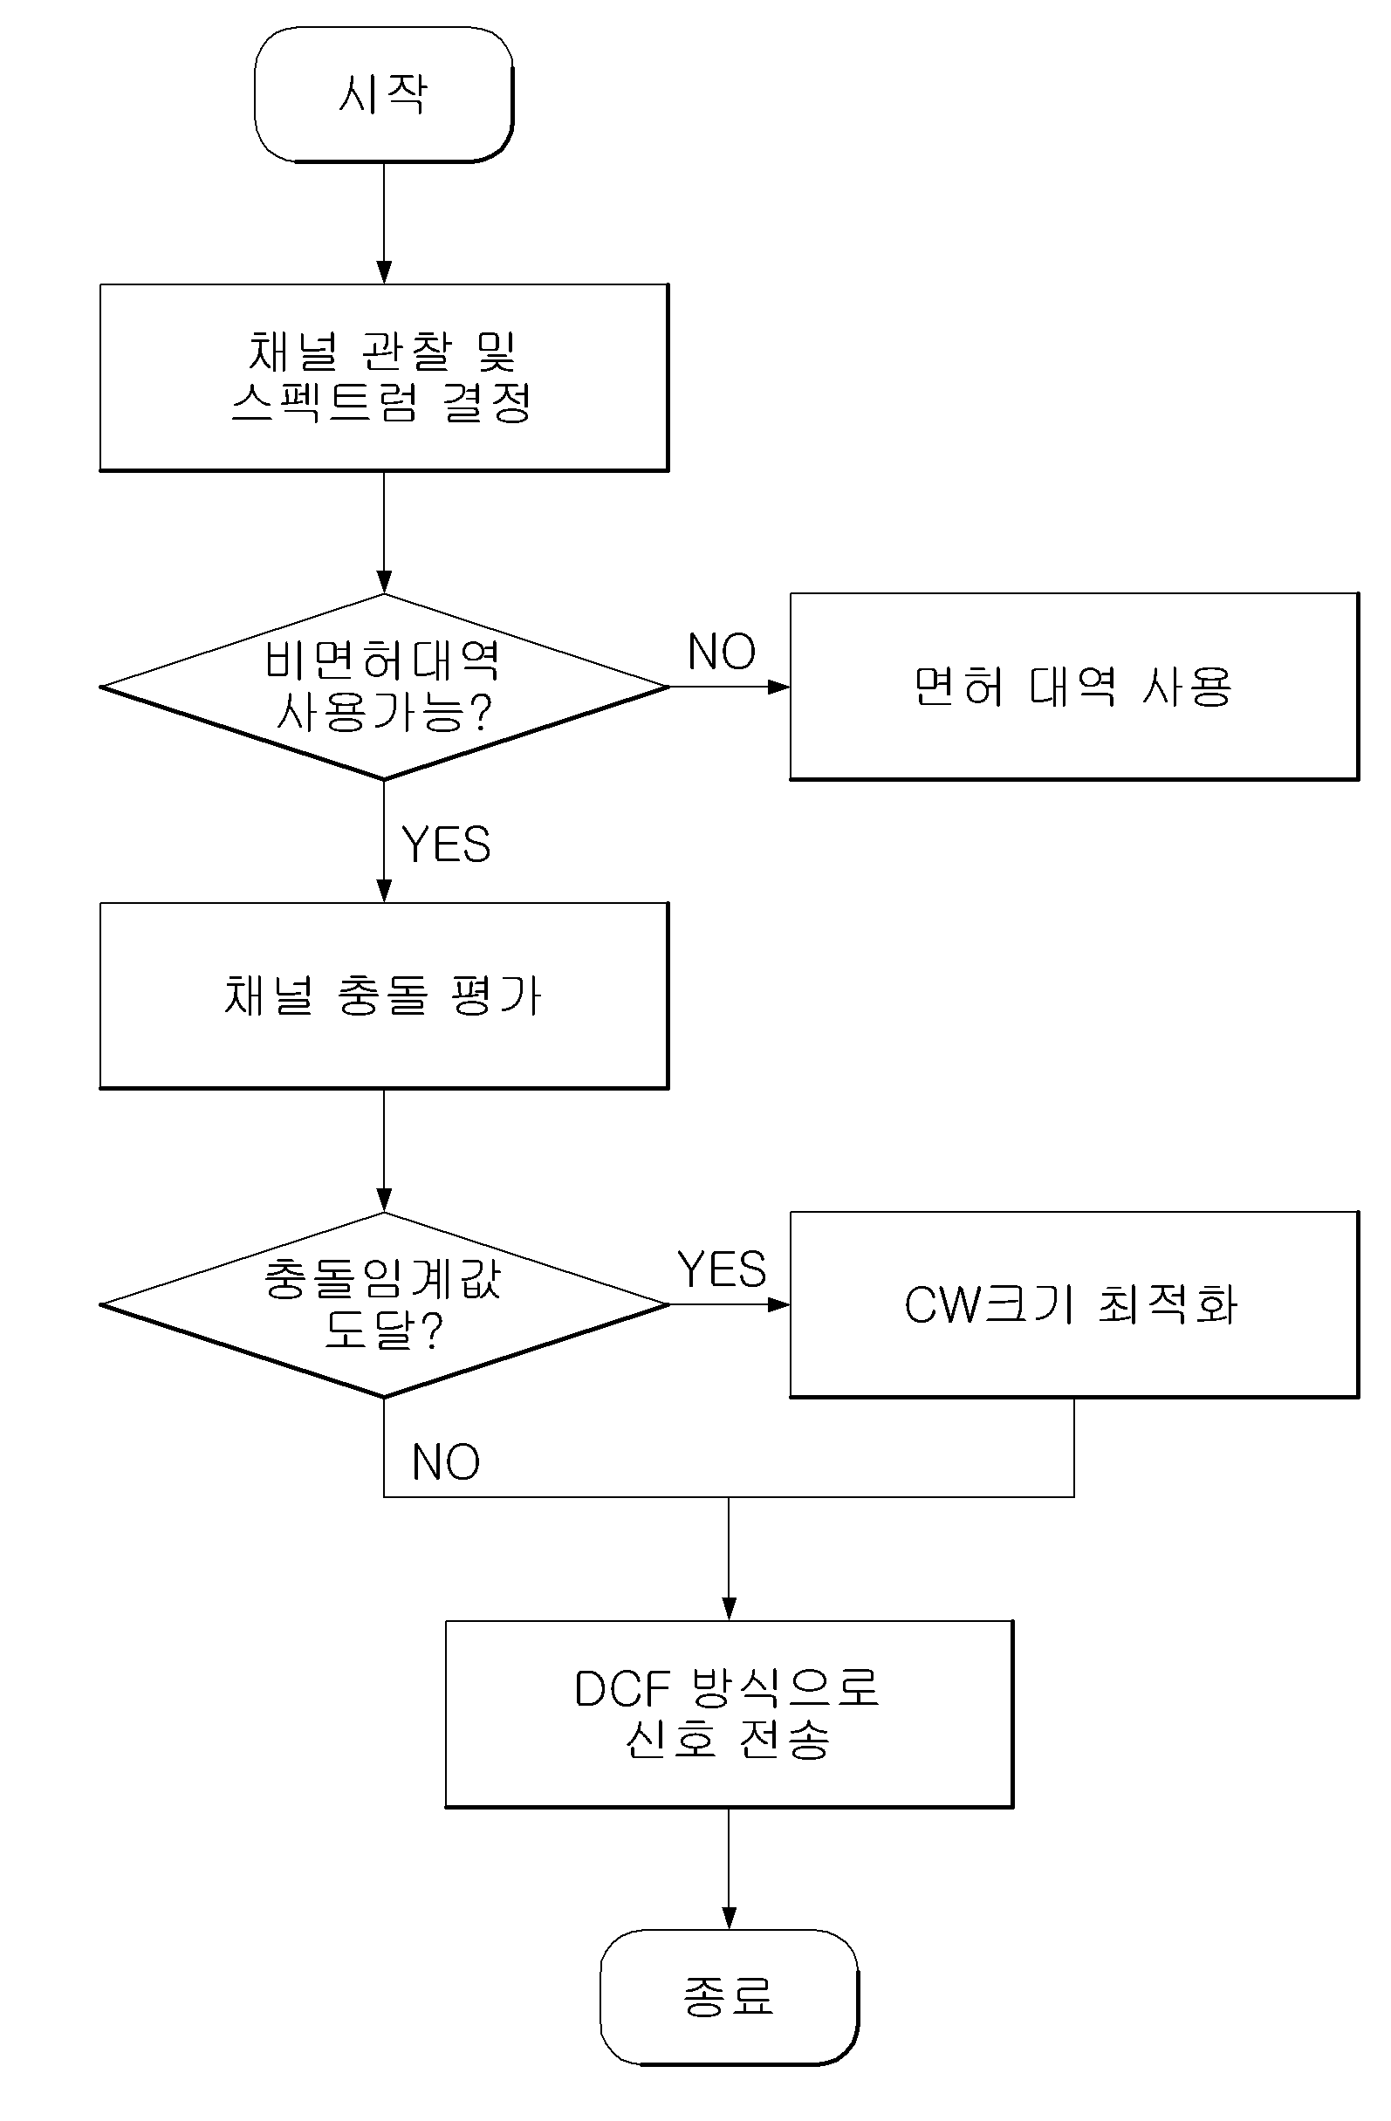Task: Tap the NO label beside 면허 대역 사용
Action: click(x=722, y=652)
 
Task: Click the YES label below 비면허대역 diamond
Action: click(x=446, y=844)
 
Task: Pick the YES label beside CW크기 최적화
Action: click(x=722, y=1269)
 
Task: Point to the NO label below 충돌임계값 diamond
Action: click(x=446, y=1462)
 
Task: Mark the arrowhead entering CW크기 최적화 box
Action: click(x=778, y=1304)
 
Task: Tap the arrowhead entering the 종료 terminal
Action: click(x=729, y=1919)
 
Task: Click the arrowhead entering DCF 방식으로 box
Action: click(x=729, y=1610)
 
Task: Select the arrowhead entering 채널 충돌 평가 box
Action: click(x=384, y=891)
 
